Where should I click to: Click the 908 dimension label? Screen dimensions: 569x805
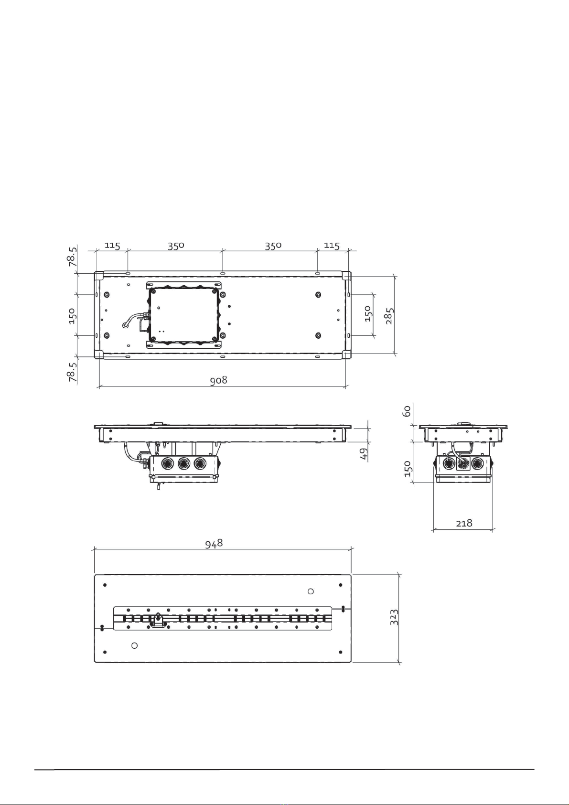(x=218, y=380)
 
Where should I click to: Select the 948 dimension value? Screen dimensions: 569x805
(x=214, y=543)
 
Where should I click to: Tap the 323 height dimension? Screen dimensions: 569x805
(x=394, y=617)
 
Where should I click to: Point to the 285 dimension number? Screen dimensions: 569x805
(x=390, y=316)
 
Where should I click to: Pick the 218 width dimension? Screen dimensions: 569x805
(x=464, y=523)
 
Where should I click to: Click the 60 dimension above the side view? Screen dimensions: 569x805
(x=407, y=411)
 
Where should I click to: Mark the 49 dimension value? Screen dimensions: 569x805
(x=364, y=453)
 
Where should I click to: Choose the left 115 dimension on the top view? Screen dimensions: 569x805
(x=112, y=246)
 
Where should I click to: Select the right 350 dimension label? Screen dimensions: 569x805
(x=273, y=246)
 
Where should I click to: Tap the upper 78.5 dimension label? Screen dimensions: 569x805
(x=72, y=256)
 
